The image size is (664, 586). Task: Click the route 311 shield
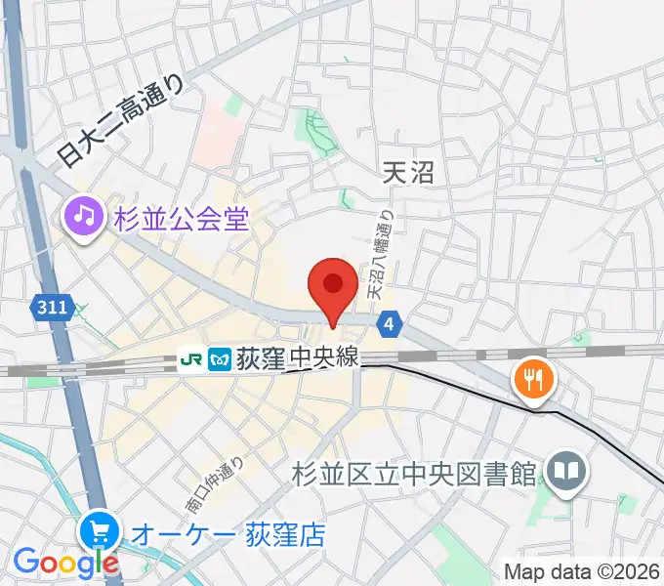tap(53, 308)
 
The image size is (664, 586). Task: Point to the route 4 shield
tap(390, 323)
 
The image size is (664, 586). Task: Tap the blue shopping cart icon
tap(101, 533)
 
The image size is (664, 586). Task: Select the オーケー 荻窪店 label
tap(228, 535)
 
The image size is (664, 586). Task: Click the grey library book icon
tap(566, 473)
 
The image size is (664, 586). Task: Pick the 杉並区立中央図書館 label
tap(414, 474)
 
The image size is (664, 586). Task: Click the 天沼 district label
tap(407, 173)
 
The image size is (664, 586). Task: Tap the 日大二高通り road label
tap(120, 121)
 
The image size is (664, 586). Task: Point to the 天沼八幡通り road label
tap(380, 256)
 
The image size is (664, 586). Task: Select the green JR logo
tap(191, 359)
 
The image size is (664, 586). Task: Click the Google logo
tap(66, 562)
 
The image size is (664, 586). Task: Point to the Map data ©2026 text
tap(582, 571)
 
